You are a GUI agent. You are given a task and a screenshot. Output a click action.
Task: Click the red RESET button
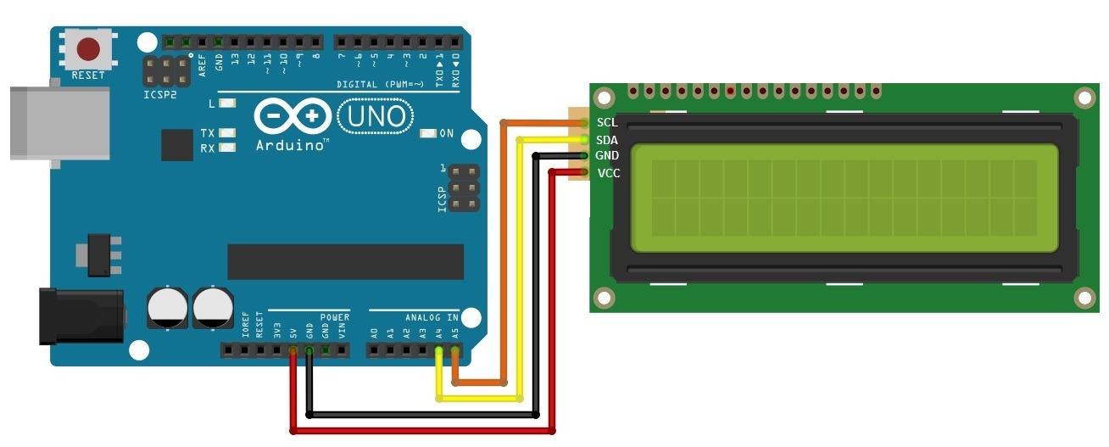[x=88, y=49]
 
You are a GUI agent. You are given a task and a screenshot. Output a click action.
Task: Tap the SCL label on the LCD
[x=607, y=123]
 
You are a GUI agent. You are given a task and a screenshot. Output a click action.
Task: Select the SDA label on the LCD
[x=607, y=140]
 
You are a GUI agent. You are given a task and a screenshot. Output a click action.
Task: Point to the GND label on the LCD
[x=607, y=156]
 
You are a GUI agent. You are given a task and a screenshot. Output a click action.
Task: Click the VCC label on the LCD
[x=607, y=173]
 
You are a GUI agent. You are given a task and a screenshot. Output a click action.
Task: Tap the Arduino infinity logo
[x=291, y=116]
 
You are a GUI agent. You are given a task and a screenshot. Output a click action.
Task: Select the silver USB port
[x=59, y=122]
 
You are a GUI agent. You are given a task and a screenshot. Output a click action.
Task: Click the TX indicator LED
[x=226, y=133]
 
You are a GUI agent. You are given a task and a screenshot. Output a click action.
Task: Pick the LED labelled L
[x=226, y=104]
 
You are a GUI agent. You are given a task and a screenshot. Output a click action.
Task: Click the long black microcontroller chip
[x=345, y=261]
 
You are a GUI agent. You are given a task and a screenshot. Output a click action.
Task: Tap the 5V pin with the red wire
[x=293, y=349]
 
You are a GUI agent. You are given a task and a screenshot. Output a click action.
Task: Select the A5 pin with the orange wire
[x=455, y=349]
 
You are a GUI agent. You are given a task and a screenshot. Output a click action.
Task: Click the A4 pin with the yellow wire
[x=439, y=349]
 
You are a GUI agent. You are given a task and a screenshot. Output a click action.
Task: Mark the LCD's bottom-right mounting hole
[x=1084, y=297]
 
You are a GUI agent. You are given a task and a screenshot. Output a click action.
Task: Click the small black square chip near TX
[x=177, y=145]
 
